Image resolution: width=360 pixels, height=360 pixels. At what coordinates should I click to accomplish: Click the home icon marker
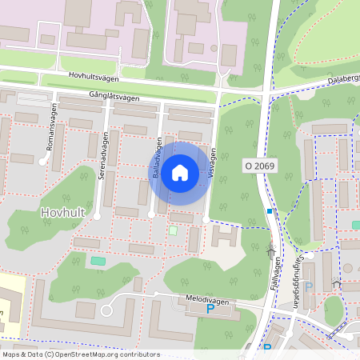click(x=180, y=173)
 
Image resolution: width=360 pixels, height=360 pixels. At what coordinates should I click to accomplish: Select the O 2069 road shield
click(x=259, y=165)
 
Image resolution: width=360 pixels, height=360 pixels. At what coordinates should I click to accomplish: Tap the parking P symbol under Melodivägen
click(x=210, y=309)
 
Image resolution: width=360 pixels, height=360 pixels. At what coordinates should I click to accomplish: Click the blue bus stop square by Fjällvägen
click(x=270, y=211)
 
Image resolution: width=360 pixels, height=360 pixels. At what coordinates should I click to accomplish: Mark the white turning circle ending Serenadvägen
click(x=97, y=216)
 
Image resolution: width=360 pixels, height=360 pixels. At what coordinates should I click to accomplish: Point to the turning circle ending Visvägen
click(x=206, y=218)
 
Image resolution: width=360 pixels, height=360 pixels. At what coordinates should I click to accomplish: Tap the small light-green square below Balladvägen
click(x=173, y=230)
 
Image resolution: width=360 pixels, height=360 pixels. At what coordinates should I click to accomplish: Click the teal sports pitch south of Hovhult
click(x=98, y=261)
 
